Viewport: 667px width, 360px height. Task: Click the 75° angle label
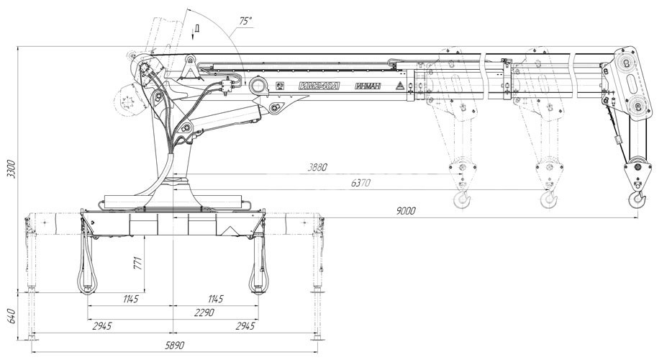tap(246, 21)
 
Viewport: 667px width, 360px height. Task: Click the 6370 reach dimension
tap(360, 183)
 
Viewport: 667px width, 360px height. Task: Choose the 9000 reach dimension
tap(405, 211)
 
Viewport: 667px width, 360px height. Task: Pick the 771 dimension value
tap(138, 263)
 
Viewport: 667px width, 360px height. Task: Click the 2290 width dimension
tap(204, 312)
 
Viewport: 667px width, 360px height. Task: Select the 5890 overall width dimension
tap(175, 345)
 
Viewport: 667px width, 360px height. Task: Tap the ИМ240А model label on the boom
tap(319, 86)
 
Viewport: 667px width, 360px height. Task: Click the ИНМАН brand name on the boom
tap(368, 86)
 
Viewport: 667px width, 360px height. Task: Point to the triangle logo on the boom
tap(399, 86)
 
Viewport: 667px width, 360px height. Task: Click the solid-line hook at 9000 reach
tap(638, 199)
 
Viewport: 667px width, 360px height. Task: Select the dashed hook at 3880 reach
tap(463, 199)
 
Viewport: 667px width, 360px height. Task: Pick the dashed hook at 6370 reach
tap(549, 199)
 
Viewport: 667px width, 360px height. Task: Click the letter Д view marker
tap(197, 29)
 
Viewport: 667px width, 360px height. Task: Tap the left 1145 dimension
tap(130, 299)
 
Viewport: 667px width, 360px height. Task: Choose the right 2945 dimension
tap(245, 326)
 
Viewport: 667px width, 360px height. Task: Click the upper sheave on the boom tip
tap(626, 62)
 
